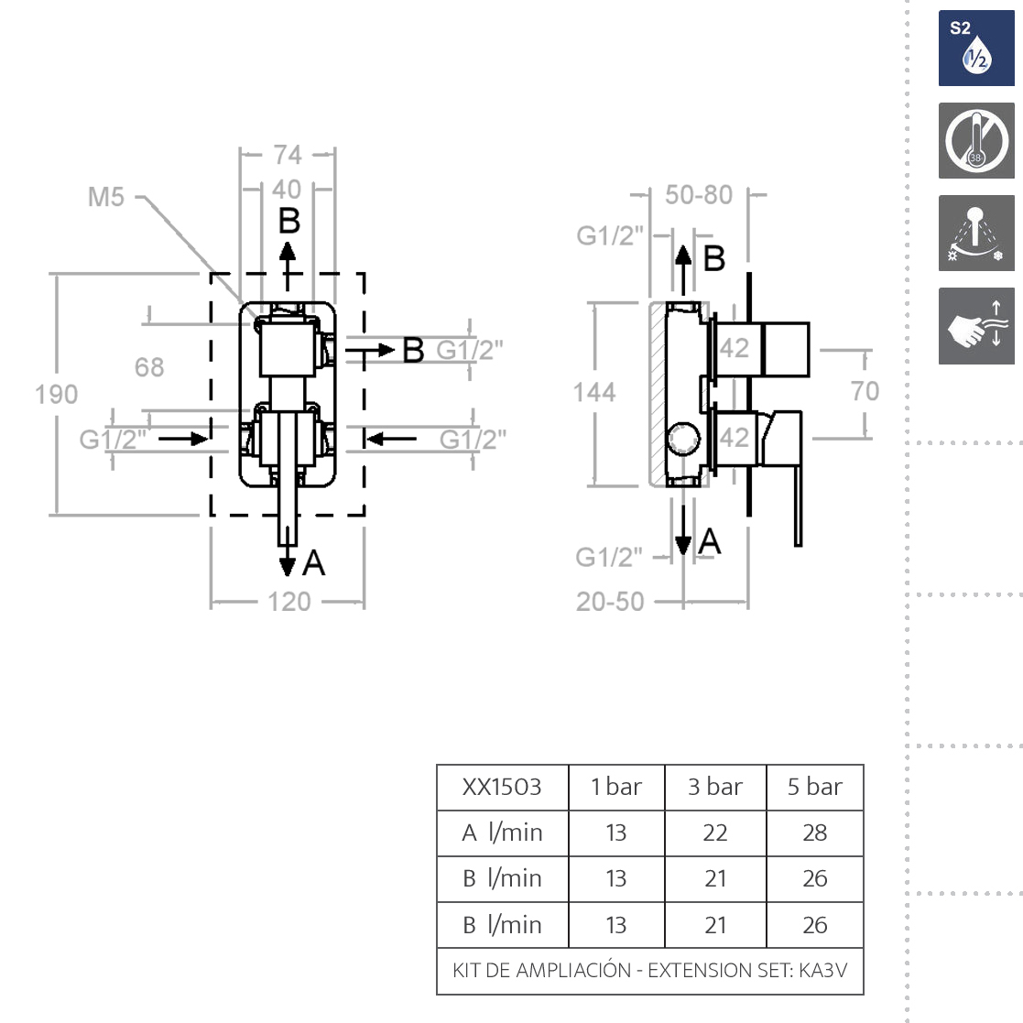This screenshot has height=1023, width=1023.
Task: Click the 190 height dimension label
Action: point(56,395)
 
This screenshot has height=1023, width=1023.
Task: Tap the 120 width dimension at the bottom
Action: point(289,602)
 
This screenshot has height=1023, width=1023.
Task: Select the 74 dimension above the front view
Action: point(287,155)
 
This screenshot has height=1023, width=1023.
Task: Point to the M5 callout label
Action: point(106,197)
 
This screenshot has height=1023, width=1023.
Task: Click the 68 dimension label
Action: point(149,367)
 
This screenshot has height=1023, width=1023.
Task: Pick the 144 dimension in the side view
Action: point(594,393)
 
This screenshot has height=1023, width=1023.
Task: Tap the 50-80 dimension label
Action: point(699,195)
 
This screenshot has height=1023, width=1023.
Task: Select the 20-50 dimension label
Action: point(610,602)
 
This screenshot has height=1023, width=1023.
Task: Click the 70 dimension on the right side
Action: point(865,391)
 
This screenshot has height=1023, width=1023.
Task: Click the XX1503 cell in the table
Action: point(502,787)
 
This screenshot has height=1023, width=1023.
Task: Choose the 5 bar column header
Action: point(814,787)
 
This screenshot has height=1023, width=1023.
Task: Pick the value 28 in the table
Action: point(814,833)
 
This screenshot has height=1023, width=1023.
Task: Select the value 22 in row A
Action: point(714,833)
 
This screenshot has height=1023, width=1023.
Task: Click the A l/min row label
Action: point(502,833)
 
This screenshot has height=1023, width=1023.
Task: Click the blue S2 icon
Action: point(976,49)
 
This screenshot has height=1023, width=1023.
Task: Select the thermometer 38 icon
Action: point(976,141)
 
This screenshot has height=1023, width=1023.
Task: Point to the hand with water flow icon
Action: point(976,326)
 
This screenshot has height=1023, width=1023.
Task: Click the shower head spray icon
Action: point(976,233)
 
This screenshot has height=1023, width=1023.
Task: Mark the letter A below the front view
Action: point(314,562)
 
